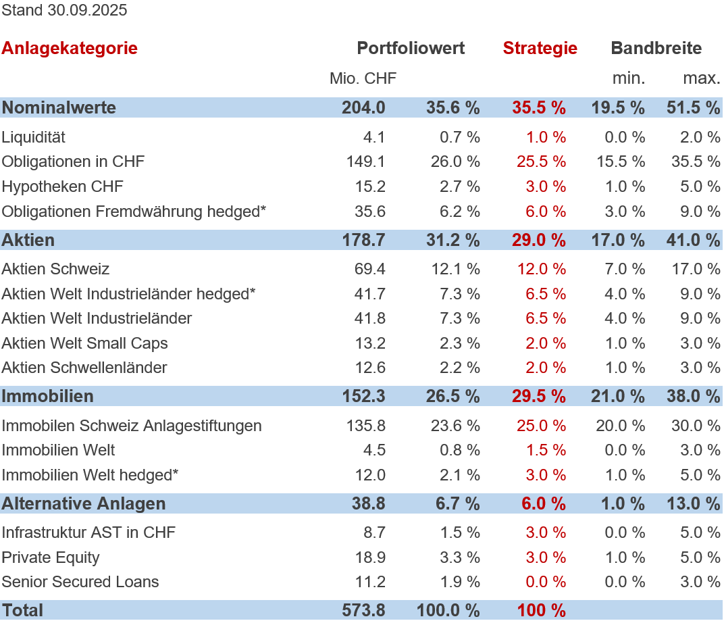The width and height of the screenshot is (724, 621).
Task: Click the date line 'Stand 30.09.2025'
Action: point(64,10)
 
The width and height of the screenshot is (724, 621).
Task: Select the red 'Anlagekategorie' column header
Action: point(70,48)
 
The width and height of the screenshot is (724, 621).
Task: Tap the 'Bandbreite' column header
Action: point(656,48)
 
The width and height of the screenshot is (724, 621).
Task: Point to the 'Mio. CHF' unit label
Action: point(363,78)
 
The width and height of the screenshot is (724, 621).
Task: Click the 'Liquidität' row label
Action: point(34,137)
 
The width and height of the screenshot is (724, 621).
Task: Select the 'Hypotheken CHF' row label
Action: point(63,187)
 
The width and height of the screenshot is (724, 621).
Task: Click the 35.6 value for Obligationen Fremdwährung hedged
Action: point(370,212)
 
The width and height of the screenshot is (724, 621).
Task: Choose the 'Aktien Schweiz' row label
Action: point(55,269)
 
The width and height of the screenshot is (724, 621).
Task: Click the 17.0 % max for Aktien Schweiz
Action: point(700,269)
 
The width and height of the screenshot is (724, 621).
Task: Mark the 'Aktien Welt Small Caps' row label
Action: point(85,343)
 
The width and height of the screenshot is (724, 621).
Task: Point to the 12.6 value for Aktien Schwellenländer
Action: point(370,368)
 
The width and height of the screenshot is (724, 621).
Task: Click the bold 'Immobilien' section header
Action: point(48,396)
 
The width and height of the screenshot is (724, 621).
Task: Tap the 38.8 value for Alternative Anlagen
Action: point(368,503)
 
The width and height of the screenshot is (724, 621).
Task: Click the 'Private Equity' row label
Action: point(51,557)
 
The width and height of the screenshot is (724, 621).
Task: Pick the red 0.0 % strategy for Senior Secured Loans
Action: point(546,582)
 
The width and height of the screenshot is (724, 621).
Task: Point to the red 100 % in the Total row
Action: point(542,610)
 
